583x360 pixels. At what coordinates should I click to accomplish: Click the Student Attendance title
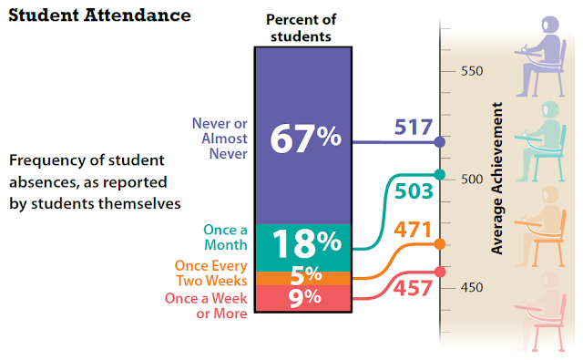coord(99,15)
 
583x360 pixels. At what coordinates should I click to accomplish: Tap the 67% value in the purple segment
coord(306,138)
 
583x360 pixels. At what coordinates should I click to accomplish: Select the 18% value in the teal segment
coord(307,243)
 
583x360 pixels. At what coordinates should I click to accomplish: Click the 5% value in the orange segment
coord(306,275)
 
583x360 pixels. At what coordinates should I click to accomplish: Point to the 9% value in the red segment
coord(304,297)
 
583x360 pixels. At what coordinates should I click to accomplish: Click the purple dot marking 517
coord(440,141)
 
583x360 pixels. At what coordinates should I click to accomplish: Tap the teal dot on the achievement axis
coord(440,174)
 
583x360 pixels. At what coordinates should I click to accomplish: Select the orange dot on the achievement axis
coord(440,244)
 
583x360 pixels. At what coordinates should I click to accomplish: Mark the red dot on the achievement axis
coord(440,272)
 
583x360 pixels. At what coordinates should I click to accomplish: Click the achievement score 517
coord(414,128)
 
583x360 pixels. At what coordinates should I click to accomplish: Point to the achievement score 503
coord(414,191)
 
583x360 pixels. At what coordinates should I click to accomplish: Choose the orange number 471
coord(413,230)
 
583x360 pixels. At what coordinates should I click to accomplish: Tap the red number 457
coord(413,288)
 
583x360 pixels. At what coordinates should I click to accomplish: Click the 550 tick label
coord(472,71)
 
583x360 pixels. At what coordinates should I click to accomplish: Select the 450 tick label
coord(472,287)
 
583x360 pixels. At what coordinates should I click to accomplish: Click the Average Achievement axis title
coord(496,178)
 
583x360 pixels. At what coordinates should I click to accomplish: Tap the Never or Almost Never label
coord(220,139)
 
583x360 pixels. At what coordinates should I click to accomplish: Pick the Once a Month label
coord(225,237)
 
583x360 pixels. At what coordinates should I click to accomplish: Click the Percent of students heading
coord(302,28)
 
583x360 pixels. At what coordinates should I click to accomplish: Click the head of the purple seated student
coord(549,26)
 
